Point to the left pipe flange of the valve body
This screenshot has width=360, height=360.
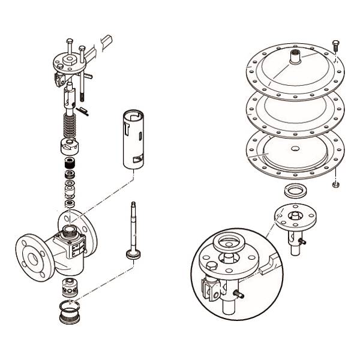[29, 256]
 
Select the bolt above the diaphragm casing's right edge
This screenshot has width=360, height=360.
[335, 45]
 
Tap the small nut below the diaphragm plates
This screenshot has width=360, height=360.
[335, 184]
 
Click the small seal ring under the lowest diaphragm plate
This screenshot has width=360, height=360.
[294, 193]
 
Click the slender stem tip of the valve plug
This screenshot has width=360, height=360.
[133, 207]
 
